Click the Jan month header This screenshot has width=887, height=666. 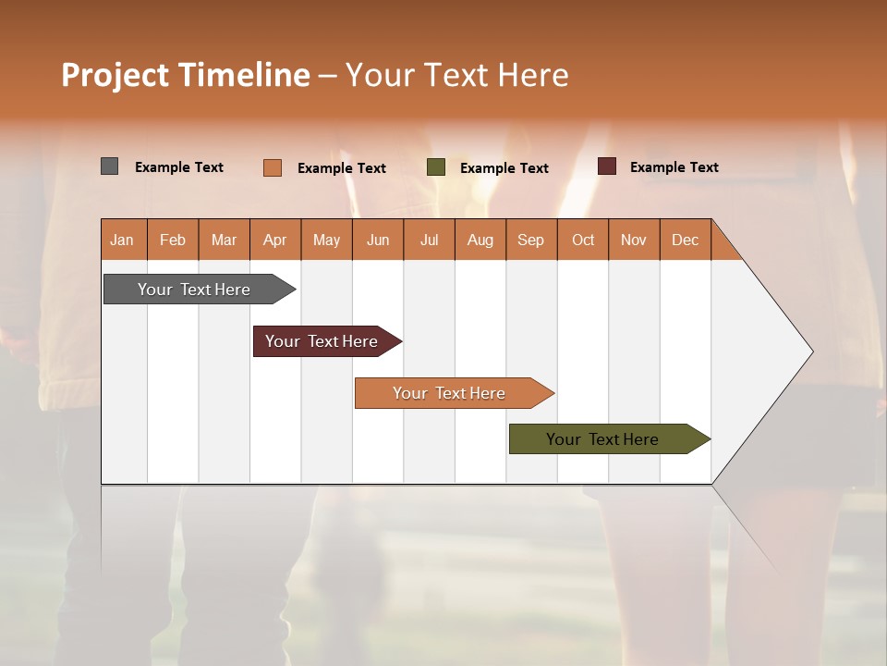[x=123, y=240]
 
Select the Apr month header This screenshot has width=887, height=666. [x=275, y=240]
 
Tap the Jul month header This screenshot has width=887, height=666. [x=429, y=240]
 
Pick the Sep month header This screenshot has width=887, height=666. [x=531, y=240]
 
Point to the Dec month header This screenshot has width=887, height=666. [x=685, y=240]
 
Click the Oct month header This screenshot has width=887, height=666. [x=583, y=240]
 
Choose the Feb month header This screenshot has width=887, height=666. [x=173, y=240]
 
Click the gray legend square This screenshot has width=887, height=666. [x=110, y=166]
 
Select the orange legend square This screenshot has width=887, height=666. [x=273, y=167]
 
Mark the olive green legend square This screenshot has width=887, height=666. [x=436, y=167]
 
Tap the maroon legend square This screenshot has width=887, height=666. [x=607, y=166]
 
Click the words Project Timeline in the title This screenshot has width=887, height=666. [x=186, y=75]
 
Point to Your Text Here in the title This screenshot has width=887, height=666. [x=457, y=75]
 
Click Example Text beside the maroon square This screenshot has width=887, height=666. [x=674, y=166]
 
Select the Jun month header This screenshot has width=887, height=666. [x=378, y=240]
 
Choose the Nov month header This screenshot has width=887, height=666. [x=634, y=240]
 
